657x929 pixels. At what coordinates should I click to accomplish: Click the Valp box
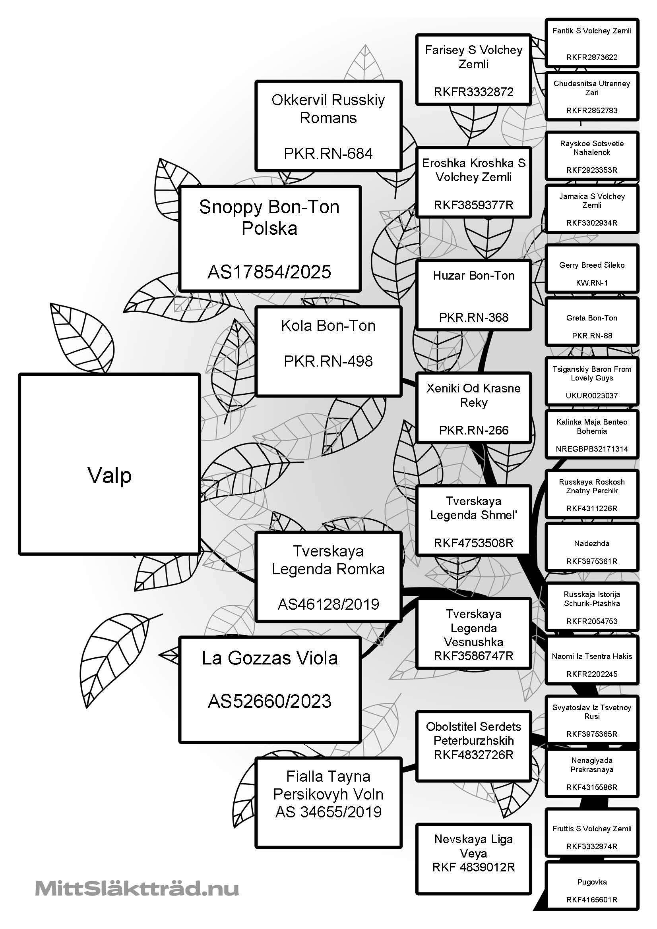point(109,464)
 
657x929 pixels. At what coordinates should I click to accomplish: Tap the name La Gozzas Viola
point(269,658)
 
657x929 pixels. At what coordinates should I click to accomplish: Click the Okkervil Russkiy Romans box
point(328,126)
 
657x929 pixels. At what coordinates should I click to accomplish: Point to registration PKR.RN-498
point(328,361)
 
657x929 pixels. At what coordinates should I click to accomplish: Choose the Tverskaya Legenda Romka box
point(328,577)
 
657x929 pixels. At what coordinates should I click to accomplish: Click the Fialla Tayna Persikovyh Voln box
point(328,802)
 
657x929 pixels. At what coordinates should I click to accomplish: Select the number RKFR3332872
point(473,92)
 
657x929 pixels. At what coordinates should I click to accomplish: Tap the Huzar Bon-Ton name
point(474,276)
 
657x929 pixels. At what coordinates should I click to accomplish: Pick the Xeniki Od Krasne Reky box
point(474,408)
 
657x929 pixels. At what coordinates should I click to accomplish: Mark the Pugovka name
point(592,882)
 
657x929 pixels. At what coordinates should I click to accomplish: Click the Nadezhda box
point(592,547)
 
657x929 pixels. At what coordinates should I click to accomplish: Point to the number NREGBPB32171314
point(592,449)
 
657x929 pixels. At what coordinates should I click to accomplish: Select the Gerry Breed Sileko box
point(592,268)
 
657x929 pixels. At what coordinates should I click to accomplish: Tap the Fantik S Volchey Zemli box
point(592,42)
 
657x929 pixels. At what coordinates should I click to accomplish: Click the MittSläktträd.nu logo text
point(137,889)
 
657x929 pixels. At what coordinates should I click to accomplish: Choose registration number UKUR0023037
point(592,395)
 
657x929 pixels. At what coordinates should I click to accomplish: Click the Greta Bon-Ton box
point(592,322)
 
